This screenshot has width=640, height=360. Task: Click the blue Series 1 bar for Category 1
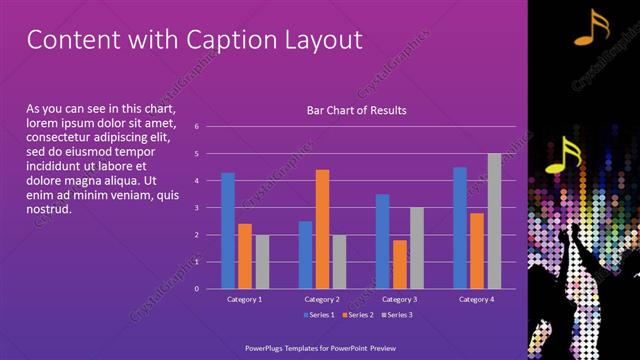click(228, 231)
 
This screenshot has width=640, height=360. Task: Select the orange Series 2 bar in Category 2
click(322, 229)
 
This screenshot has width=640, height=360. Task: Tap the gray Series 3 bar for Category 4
click(494, 221)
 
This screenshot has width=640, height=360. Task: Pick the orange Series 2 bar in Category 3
click(399, 264)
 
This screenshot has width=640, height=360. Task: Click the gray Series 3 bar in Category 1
click(262, 262)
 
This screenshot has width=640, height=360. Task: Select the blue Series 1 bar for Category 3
click(382, 241)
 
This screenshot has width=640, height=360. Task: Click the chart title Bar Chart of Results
click(356, 110)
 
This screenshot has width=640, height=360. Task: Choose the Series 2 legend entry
click(357, 315)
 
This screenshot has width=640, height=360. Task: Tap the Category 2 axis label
click(321, 299)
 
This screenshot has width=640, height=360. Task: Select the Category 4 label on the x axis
click(476, 299)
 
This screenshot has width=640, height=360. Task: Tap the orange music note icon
click(591, 29)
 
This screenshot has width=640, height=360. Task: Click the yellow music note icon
click(567, 155)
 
